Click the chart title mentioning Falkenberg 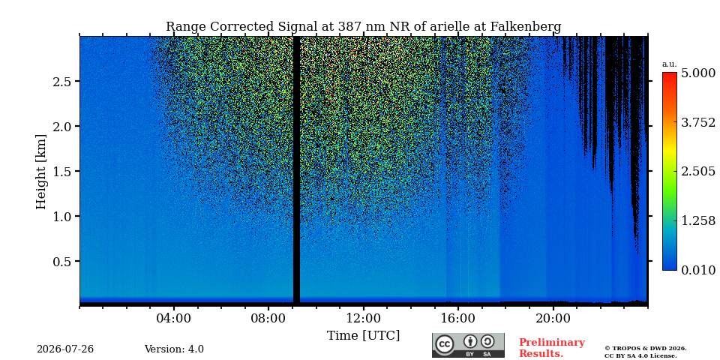363,26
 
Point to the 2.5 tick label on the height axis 61,81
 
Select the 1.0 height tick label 61,216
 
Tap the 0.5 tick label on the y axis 61,261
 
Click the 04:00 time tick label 174,318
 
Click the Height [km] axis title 41,172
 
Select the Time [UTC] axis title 363,336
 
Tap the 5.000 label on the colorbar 698,73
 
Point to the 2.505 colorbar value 698,172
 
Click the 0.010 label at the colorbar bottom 698,270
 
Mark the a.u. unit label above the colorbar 670,64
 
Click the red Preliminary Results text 551,347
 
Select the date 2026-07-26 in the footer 65,349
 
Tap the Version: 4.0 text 174,349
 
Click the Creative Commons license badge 468,345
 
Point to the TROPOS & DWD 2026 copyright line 645,349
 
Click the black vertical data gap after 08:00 297,170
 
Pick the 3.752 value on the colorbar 698,122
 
